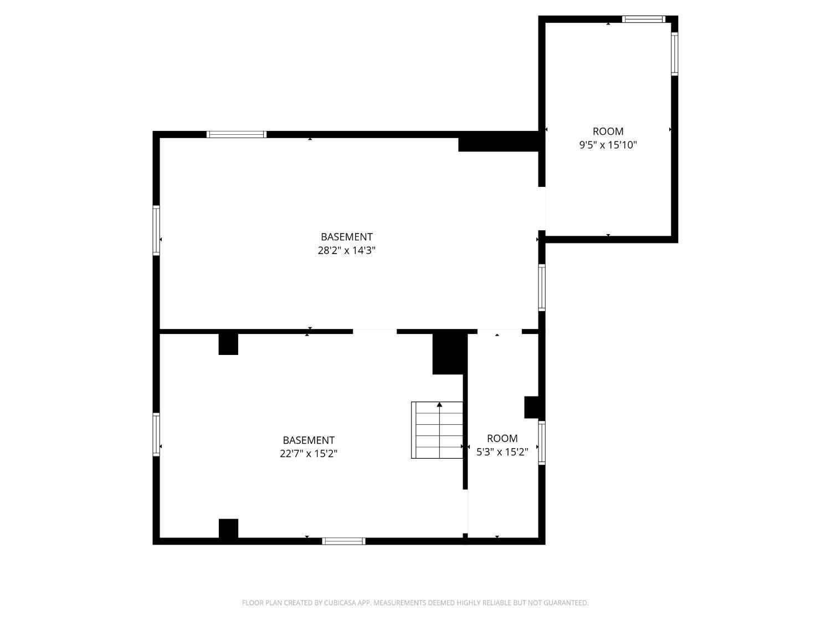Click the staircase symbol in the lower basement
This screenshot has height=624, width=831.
pyautogui.click(x=437, y=430)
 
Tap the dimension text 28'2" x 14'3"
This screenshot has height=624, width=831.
pyautogui.click(x=347, y=250)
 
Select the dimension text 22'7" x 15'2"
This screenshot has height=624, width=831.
pyautogui.click(x=309, y=454)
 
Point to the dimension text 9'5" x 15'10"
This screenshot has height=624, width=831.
pyautogui.click(x=608, y=145)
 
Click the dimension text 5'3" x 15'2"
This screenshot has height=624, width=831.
pyautogui.click(x=502, y=452)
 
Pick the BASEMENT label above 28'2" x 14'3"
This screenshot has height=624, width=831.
pyautogui.click(x=347, y=237)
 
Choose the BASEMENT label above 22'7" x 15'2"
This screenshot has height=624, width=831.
pyautogui.click(x=309, y=440)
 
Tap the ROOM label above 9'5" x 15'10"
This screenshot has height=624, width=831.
pyautogui.click(x=608, y=131)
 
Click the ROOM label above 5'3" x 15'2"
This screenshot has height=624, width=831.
pyautogui.click(x=502, y=438)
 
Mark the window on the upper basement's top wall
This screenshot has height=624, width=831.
pyautogui.click(x=237, y=134)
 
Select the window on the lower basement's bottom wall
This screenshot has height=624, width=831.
pyautogui.click(x=343, y=541)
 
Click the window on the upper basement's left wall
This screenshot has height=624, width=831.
pyautogui.click(x=156, y=230)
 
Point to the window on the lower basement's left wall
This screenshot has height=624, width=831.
pyautogui.click(x=156, y=435)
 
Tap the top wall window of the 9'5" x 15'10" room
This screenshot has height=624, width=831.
pyautogui.click(x=643, y=19)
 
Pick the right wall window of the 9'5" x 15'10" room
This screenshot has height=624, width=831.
pyautogui.click(x=674, y=54)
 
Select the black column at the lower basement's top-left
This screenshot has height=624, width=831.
pyautogui.click(x=228, y=344)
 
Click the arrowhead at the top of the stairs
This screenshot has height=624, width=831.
pyautogui.click(x=440, y=405)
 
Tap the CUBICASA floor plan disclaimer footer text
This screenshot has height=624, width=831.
pyautogui.click(x=415, y=603)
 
